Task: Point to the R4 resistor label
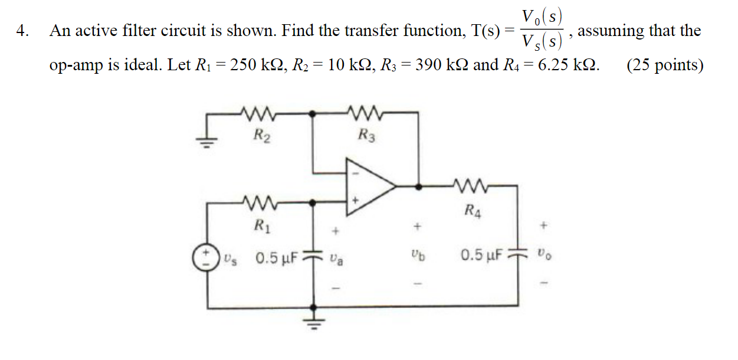coord(472,209)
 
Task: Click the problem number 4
coord(24,31)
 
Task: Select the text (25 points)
coord(665,64)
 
